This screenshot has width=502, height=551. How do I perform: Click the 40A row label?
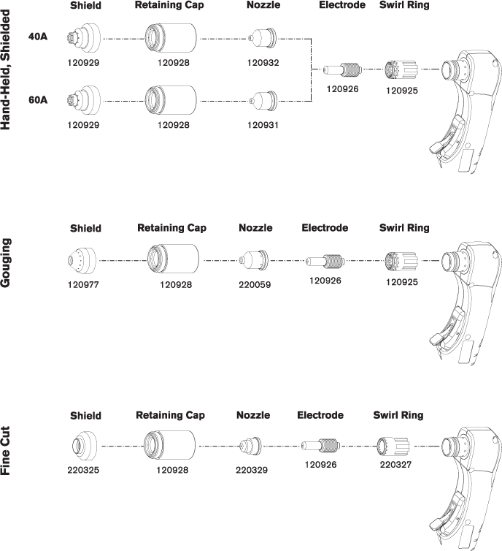38,37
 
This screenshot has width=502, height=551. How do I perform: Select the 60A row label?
38,100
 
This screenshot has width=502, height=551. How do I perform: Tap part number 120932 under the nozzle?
263,63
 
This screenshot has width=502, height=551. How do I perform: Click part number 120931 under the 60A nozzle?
263,125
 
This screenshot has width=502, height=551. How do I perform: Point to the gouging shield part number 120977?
83,285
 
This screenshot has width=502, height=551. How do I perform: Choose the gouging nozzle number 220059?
255,285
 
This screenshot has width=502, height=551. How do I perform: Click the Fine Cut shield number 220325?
83,470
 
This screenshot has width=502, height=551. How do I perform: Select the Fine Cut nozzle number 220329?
252,470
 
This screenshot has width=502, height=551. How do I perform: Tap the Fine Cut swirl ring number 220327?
395,465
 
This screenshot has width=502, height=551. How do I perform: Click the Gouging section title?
6,262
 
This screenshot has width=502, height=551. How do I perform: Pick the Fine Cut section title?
6,450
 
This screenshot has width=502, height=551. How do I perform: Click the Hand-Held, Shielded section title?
6,69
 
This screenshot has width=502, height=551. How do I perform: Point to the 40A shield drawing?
83,38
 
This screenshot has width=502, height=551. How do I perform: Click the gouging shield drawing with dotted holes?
82,260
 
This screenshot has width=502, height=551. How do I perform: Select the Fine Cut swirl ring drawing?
393,446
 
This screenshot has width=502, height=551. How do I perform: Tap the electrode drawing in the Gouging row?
325,261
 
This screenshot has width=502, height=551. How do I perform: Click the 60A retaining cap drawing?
171,100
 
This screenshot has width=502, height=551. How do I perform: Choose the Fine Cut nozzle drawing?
251,446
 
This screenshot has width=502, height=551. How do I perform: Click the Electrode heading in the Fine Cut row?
320,415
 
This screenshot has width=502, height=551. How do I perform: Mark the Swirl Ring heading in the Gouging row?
404,228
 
